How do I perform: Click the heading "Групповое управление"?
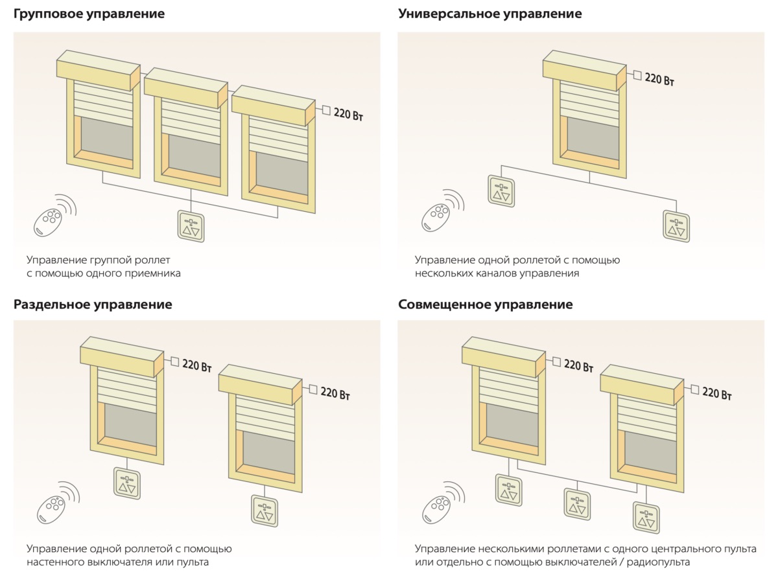click(89, 14)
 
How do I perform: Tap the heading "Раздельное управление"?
click(93, 304)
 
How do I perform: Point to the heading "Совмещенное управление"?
click(485, 304)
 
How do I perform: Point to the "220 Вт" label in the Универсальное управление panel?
click(659, 80)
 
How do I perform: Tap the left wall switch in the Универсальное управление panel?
click(501, 191)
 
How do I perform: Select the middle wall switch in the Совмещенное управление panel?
click(576, 503)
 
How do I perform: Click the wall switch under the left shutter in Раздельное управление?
click(126, 483)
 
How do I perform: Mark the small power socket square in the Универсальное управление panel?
click(637, 75)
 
